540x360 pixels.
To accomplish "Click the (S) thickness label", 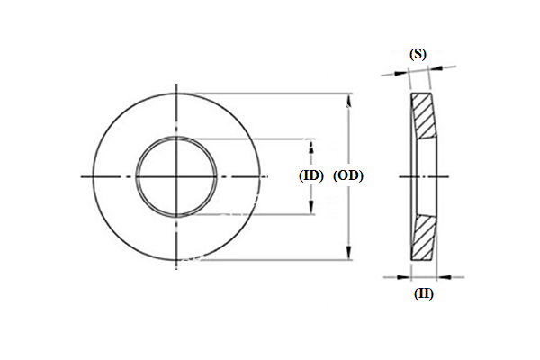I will (418, 54).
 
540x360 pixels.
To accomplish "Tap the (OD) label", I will (348, 176).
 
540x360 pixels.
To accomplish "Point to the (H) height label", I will (422, 293).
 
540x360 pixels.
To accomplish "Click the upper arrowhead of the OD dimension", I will (349, 101).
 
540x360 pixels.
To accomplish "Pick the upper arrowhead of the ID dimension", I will (311, 146).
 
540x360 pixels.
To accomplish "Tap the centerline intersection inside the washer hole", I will (175, 176).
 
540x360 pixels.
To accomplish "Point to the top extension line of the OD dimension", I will (270, 93).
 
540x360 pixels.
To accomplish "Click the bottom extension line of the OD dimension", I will (270, 261).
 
